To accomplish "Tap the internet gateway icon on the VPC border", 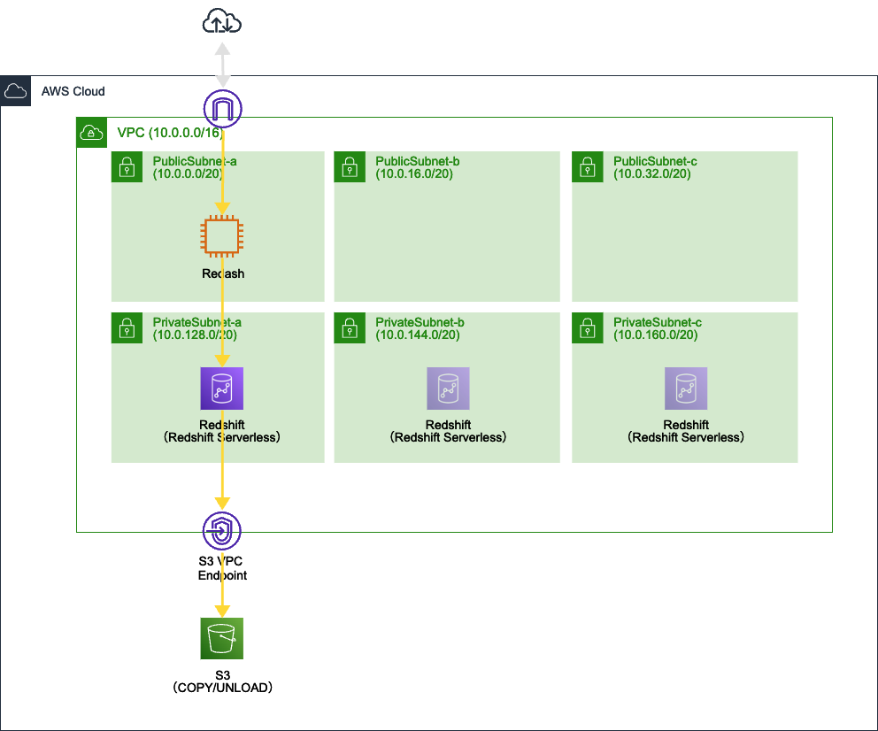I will point(222,109).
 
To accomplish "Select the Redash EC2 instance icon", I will point(221,237).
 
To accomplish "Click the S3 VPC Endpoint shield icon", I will point(221,531).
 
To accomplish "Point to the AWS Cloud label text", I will point(73,91).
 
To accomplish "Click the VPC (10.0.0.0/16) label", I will point(169,133).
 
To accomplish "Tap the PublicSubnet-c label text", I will point(655,161).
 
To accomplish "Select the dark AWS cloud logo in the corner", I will point(15,91).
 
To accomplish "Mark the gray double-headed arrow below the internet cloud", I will point(222,65).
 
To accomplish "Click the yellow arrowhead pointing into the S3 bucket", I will point(221,610).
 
